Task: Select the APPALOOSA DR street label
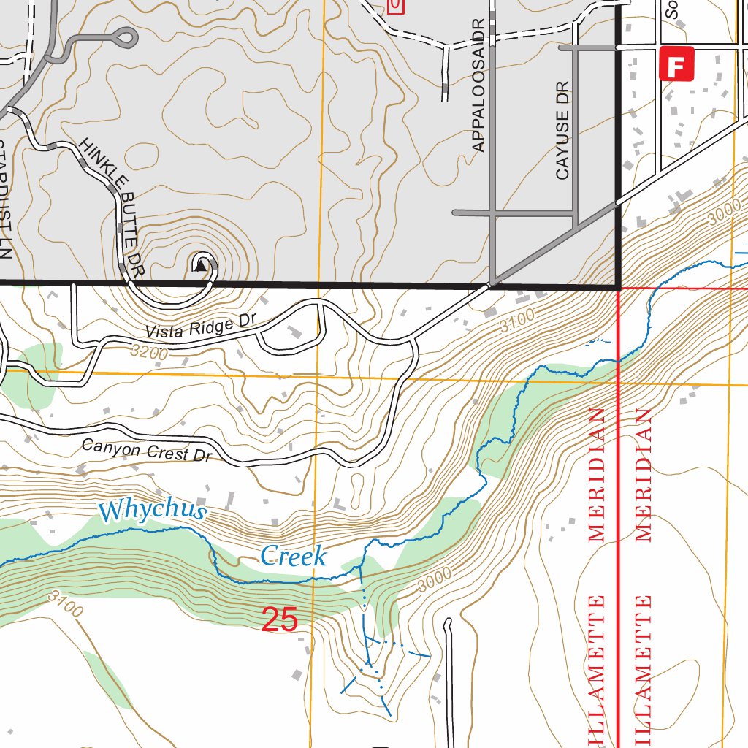tap(478, 85)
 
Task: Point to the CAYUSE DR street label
tap(562, 131)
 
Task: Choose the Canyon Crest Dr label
tap(146, 450)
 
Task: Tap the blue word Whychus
tap(153, 510)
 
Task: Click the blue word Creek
tap(293, 557)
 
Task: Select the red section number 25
tap(280, 620)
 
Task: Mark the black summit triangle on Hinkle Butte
tap(200, 267)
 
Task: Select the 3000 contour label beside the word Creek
tap(436, 579)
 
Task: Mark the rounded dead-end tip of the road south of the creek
tap(449, 622)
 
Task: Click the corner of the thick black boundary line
tap(618, 287)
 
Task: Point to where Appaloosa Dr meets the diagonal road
tap(492, 282)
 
